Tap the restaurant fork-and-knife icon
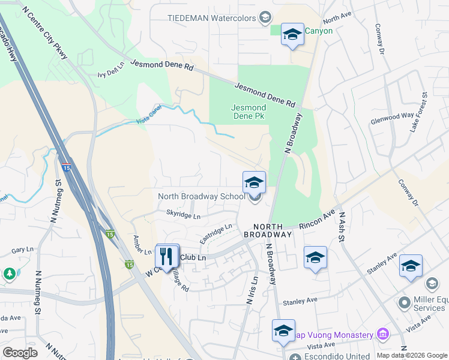click(x=166, y=256)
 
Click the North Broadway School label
click(x=201, y=196)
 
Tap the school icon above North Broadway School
click(x=254, y=182)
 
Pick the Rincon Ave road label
click(x=320, y=221)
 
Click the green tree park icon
click(x=10, y=274)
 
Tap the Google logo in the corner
click(x=20, y=353)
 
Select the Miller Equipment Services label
click(x=420, y=304)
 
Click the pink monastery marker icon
click(x=382, y=334)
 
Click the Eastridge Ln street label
click(x=215, y=233)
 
